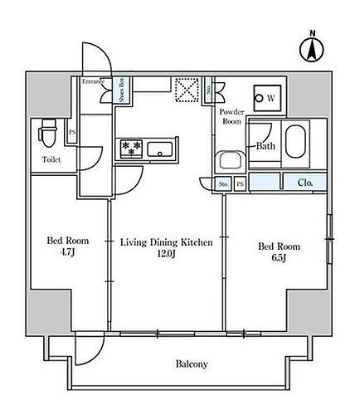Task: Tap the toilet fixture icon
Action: coord(48,130)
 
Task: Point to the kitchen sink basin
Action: coord(160,150)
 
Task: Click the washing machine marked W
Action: coord(269,99)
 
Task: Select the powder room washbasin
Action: coord(229,160)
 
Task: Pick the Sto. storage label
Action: coord(225,183)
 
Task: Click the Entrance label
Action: coord(93,81)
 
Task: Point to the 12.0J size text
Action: coord(168,256)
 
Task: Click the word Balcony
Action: coord(192,364)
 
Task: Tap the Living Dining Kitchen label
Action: coord(167,242)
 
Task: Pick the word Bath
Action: coord(265,146)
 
